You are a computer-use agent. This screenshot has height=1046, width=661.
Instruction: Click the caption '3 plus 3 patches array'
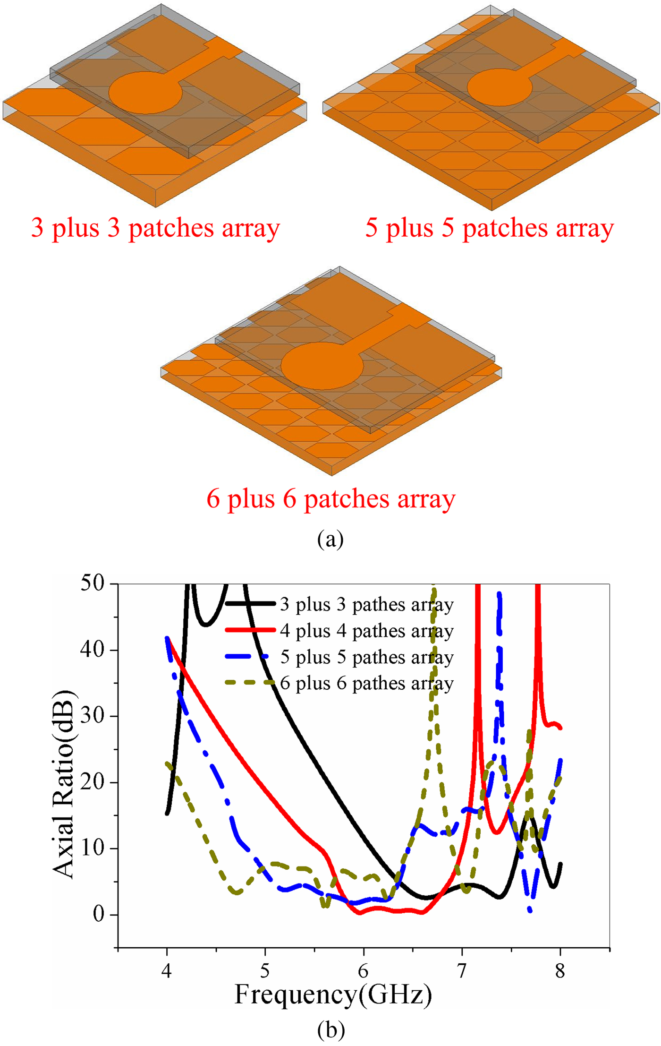click(x=155, y=228)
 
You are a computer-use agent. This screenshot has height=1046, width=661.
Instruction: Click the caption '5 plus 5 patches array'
click(x=489, y=228)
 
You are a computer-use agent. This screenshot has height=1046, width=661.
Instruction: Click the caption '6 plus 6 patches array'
click(x=330, y=499)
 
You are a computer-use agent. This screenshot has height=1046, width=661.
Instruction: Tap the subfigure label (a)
click(x=330, y=539)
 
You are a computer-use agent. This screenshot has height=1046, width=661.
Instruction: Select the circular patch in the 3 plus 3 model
click(x=145, y=93)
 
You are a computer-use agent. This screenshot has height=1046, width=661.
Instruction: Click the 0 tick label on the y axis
click(x=99, y=914)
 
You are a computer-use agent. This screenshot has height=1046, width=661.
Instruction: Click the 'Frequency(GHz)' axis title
click(x=333, y=995)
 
